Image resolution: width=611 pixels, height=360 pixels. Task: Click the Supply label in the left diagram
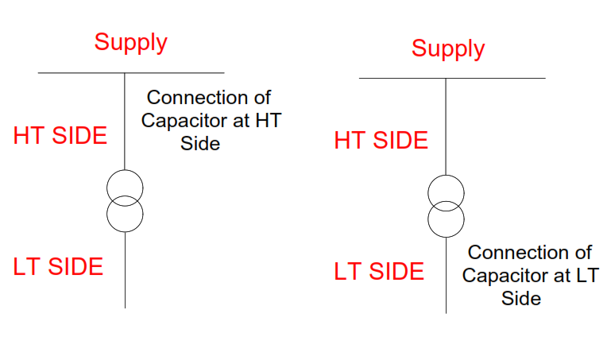[x=130, y=41]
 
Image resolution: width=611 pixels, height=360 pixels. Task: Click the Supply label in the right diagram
[x=447, y=48]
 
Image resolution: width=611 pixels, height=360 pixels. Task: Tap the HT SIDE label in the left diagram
[x=60, y=136]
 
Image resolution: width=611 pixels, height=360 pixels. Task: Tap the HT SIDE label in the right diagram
[x=381, y=141]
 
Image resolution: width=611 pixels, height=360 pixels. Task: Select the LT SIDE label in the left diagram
[x=58, y=266]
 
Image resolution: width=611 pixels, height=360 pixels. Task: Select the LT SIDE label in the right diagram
[x=379, y=272]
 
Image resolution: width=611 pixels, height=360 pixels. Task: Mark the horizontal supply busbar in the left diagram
[x=79, y=73]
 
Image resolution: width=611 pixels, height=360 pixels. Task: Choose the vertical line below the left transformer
[x=125, y=270]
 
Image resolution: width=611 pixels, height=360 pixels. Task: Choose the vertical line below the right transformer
[x=446, y=274]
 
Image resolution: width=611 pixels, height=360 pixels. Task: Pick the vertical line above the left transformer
[x=125, y=119]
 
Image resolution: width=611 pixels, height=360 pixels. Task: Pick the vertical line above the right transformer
[x=446, y=127]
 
